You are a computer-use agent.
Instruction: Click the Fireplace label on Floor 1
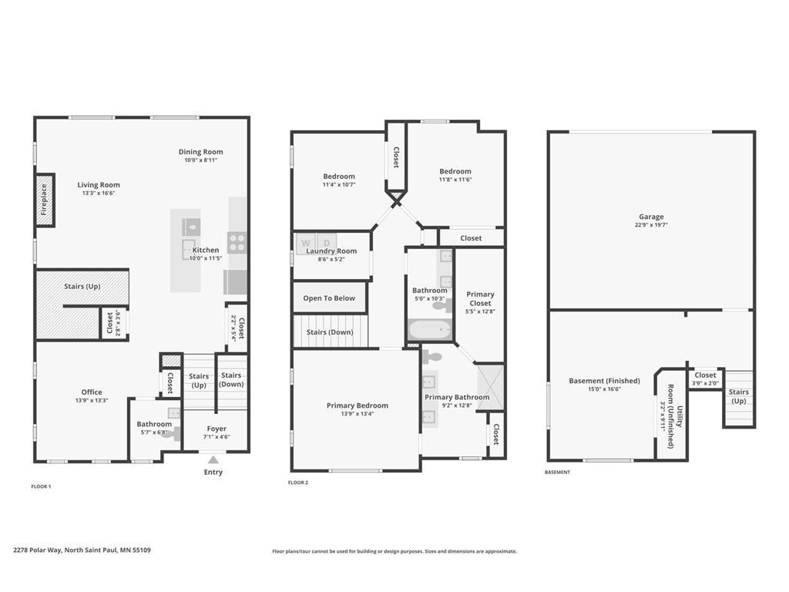44,200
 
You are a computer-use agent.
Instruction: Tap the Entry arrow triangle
213,459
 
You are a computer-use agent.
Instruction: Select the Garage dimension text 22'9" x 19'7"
651,225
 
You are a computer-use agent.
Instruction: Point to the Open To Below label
329,298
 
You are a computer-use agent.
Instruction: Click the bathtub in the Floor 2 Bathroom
430,330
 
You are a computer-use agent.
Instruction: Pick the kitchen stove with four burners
237,242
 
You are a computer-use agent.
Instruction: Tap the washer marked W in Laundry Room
305,244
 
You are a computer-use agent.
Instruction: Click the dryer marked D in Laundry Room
327,244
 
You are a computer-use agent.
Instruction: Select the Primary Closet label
480,298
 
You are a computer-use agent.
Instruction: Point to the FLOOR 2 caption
298,483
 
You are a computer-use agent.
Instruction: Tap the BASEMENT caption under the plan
558,473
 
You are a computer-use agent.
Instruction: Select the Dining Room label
201,152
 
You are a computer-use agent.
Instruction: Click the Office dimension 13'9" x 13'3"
92,401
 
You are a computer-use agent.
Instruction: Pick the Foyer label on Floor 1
217,429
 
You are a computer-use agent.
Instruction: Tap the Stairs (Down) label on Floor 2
330,332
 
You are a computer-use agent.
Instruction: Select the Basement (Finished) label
604,381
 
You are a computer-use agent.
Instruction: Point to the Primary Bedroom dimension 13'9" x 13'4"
358,414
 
